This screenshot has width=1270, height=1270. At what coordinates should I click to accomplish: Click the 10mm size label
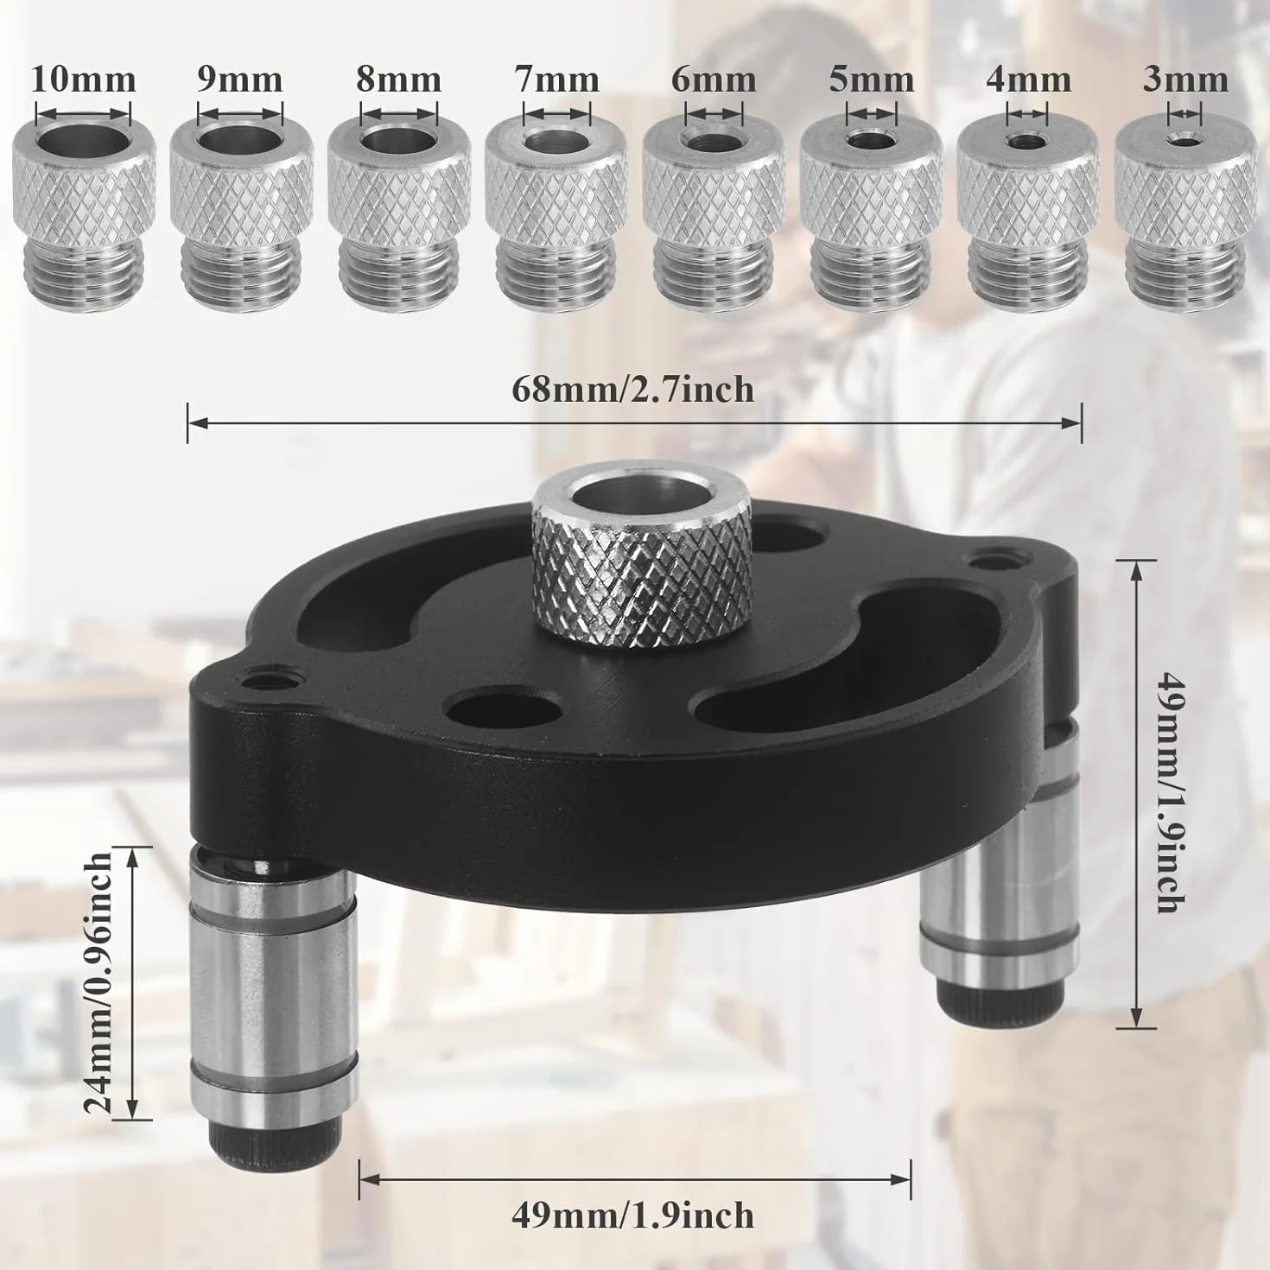[84, 79]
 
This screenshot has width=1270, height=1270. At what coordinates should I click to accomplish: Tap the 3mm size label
[1185, 79]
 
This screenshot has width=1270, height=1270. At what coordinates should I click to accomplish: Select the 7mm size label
[556, 79]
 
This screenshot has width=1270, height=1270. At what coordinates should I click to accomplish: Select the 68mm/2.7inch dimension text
[632, 389]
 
